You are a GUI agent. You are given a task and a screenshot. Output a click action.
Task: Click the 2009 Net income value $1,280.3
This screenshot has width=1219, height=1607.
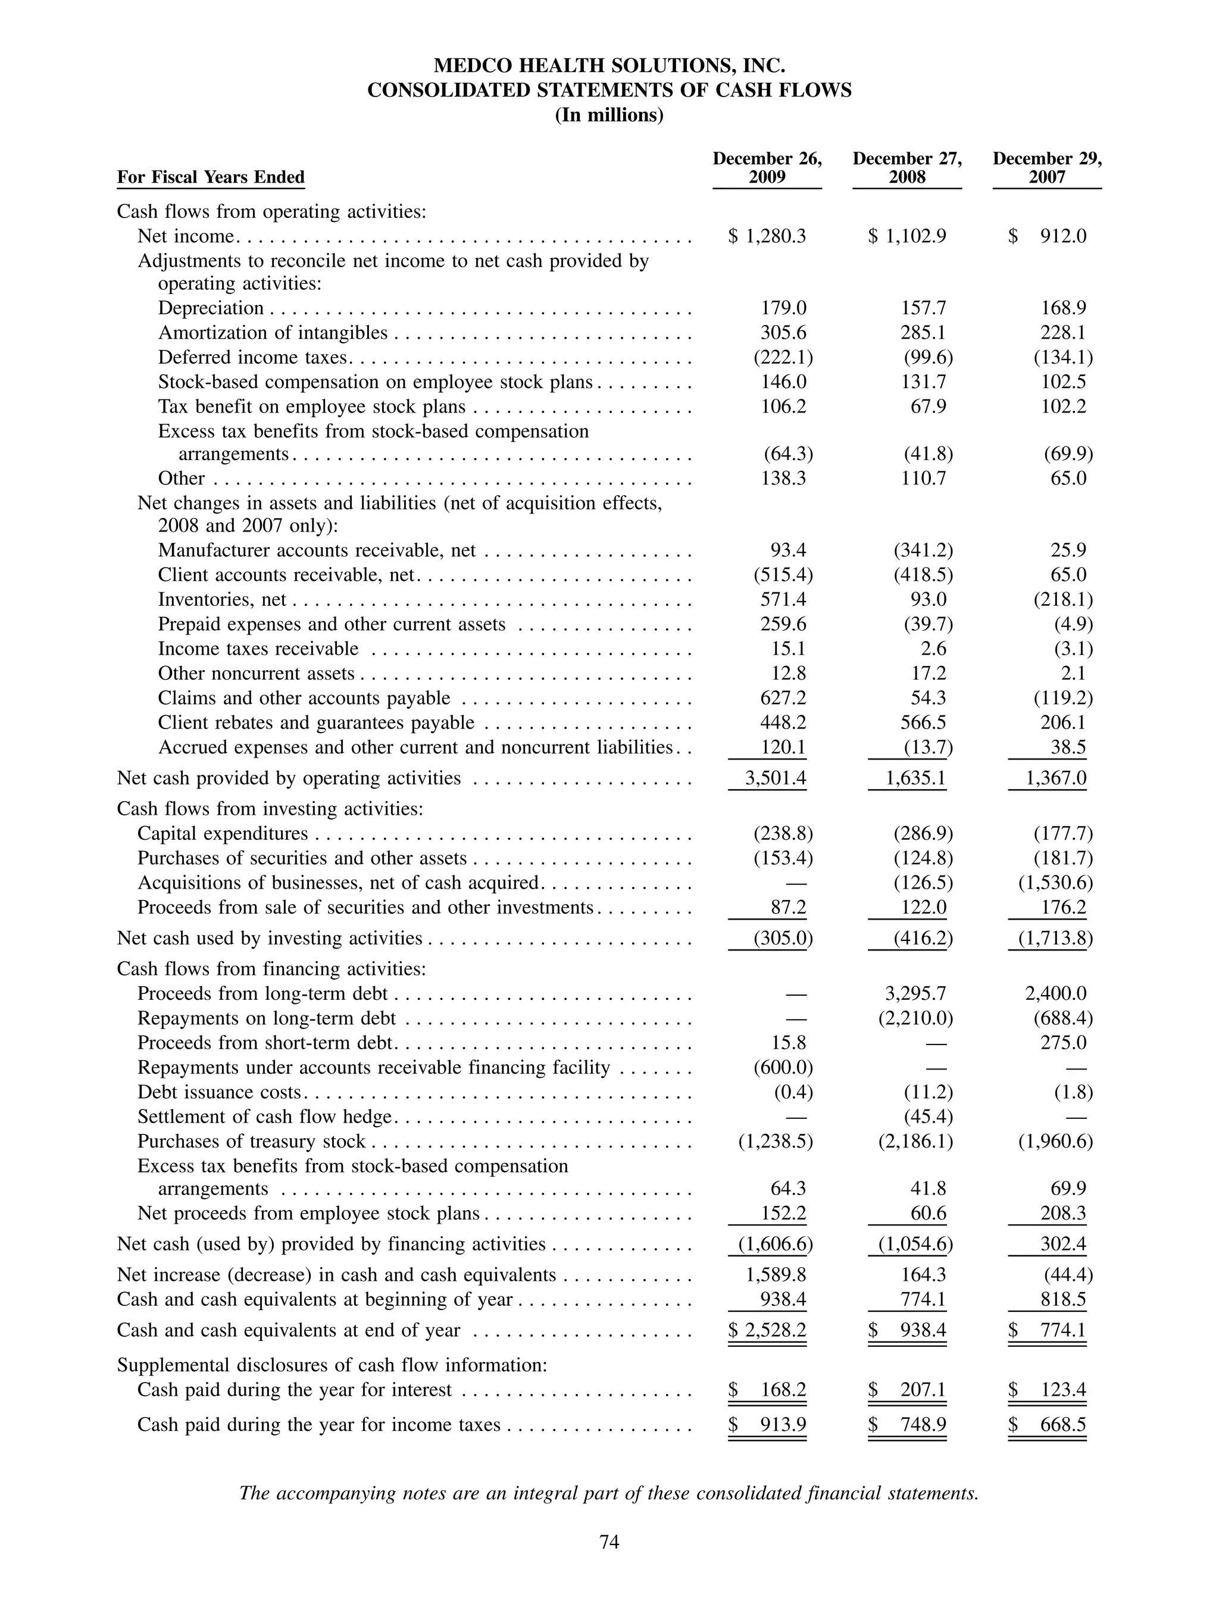(767, 236)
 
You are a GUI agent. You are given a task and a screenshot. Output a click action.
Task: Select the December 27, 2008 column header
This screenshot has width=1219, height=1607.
(907, 168)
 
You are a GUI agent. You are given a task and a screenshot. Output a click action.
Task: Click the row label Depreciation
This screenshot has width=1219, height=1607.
(211, 308)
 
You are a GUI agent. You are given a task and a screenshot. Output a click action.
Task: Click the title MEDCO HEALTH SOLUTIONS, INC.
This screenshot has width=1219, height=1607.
(609, 66)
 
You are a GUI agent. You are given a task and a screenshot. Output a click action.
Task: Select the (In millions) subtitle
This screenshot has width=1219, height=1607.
(609, 115)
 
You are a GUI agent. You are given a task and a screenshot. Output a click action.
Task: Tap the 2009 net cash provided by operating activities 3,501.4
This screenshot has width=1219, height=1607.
(775, 778)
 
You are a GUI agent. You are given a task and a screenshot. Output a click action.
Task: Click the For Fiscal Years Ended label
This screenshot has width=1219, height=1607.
(211, 177)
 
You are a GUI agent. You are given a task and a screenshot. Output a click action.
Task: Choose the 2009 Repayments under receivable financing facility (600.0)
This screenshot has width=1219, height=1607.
(782, 1067)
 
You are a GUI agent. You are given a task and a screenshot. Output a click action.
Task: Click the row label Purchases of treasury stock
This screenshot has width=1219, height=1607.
(251, 1142)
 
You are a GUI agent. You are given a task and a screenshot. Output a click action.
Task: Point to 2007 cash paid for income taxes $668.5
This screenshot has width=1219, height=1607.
(1048, 1425)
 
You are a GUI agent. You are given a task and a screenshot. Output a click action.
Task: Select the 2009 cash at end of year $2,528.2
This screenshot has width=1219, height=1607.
(767, 1330)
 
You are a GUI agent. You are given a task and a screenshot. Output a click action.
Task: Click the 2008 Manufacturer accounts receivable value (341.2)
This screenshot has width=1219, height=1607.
(923, 550)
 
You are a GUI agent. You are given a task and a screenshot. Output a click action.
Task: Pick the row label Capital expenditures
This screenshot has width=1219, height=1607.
(222, 833)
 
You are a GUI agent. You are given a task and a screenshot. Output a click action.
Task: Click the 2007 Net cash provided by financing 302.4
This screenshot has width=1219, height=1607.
(1063, 1244)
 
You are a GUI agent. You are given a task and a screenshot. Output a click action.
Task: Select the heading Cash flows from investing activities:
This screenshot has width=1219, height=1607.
(270, 809)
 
